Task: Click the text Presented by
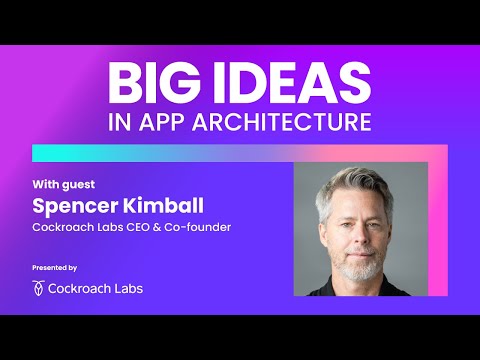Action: [55, 268]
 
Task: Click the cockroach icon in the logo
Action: [39, 288]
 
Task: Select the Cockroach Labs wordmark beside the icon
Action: [96, 288]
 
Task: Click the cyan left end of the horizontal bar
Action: [45, 152]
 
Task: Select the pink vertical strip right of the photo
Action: [436, 220]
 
